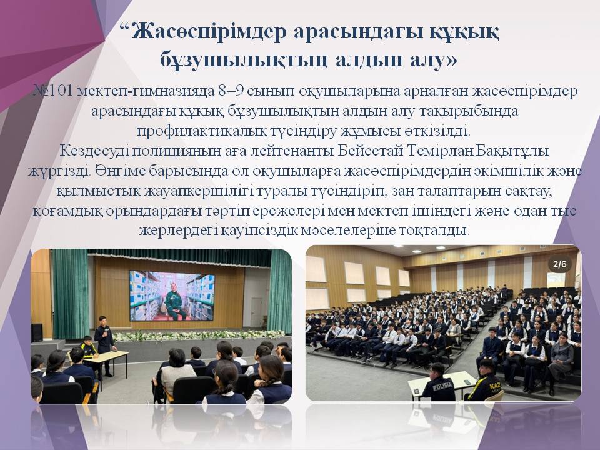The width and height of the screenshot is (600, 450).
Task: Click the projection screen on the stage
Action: (171, 296)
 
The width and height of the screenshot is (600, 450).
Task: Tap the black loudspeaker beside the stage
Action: (37, 332)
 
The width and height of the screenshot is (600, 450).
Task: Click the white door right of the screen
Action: (256, 312)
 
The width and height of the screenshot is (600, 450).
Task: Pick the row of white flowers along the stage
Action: (187, 335)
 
